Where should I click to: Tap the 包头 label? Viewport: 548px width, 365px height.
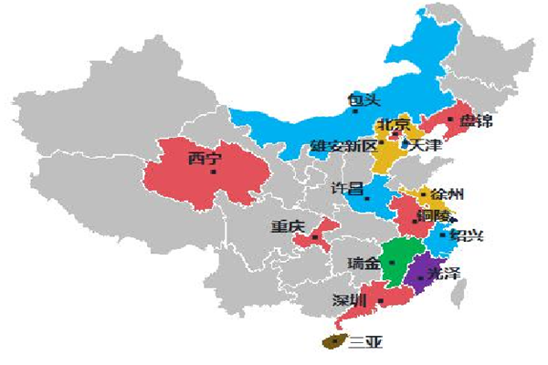(364, 99)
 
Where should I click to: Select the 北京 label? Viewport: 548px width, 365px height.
(395, 124)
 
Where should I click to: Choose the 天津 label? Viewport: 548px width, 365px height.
(427, 145)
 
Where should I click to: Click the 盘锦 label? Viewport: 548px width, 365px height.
(477, 121)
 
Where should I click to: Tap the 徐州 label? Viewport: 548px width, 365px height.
(448, 194)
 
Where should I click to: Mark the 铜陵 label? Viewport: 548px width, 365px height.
(433, 216)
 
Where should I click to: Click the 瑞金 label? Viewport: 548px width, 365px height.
(364, 264)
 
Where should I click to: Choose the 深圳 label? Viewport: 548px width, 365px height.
(351, 300)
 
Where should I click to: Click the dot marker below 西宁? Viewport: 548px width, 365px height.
(214, 172)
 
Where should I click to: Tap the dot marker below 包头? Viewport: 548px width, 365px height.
(355, 112)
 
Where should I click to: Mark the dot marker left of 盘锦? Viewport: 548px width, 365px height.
(450, 119)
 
